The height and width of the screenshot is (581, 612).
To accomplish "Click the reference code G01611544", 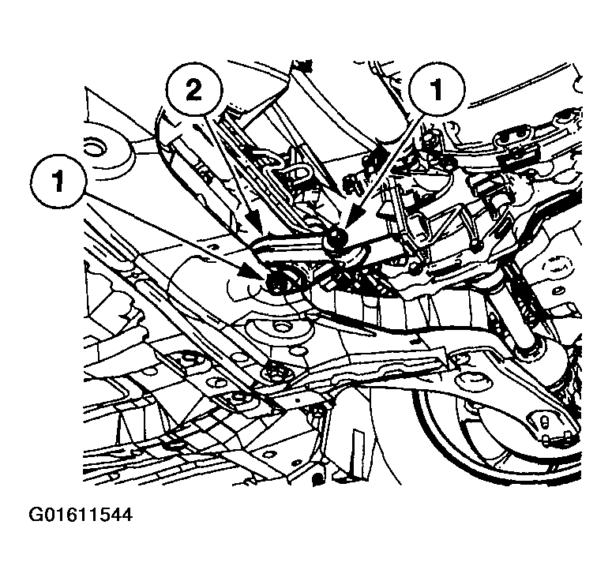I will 69,516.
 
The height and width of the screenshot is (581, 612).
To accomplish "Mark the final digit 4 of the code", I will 126,516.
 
